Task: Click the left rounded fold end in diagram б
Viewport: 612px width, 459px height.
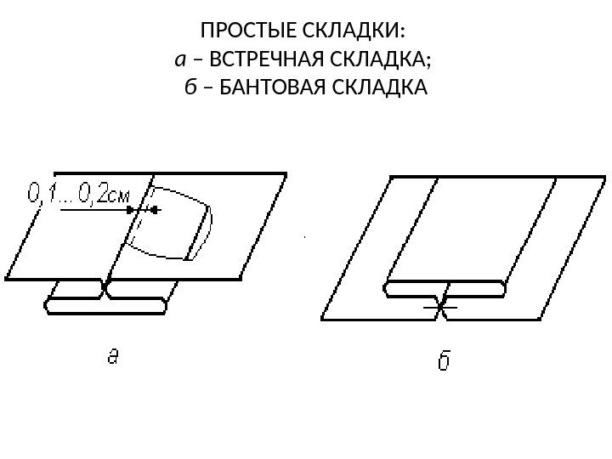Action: click(x=391, y=289)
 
